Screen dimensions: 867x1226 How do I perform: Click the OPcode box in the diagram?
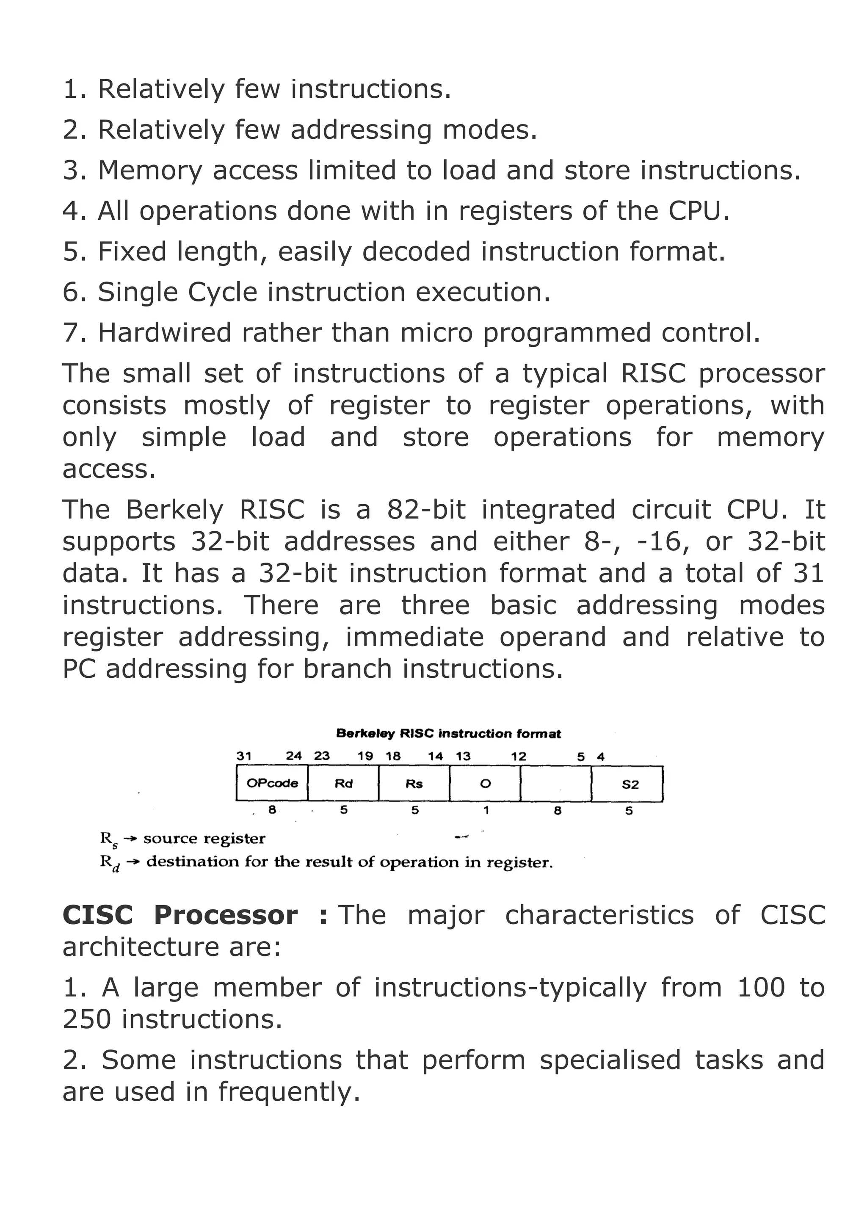tap(272, 783)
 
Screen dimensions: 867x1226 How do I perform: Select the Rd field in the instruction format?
tap(343, 783)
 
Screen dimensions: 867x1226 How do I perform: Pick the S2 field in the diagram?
tap(630, 784)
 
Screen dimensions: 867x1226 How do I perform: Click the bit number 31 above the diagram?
tap(244, 756)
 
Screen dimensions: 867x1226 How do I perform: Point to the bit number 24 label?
tap(294, 756)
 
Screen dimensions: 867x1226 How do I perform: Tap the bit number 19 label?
tap(365, 756)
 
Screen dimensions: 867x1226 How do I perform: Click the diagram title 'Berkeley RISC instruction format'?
tap(448, 734)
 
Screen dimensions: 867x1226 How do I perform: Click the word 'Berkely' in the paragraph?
tap(174, 511)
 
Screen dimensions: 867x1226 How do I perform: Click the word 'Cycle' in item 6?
tap(223, 293)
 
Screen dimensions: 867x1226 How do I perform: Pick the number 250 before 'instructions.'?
tap(86, 1019)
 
